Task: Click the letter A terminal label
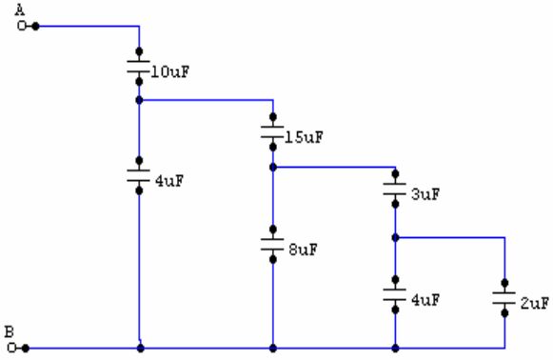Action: click(x=20, y=10)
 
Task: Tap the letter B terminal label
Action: click(x=10, y=332)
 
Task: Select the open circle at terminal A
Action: click(x=22, y=26)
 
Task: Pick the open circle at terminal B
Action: click(x=11, y=348)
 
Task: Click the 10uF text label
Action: click(x=170, y=72)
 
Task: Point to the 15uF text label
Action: click(x=304, y=137)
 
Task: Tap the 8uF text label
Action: click(x=304, y=250)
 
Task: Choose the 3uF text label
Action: click(x=425, y=194)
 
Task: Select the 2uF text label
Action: click(x=535, y=304)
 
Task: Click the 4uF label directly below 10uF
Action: click(x=169, y=181)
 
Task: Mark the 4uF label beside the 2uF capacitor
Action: click(x=425, y=300)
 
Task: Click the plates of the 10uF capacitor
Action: click(x=139, y=67)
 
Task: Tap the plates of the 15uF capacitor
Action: click(x=272, y=132)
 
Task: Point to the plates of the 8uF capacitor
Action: click(x=272, y=244)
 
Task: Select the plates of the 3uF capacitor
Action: click(x=395, y=189)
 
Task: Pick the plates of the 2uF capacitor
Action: click(x=504, y=298)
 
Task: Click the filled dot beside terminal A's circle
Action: click(x=35, y=26)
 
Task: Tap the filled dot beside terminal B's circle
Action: click(x=26, y=348)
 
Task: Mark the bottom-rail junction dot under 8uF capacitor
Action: click(x=273, y=349)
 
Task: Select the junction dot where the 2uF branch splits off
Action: click(x=395, y=238)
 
